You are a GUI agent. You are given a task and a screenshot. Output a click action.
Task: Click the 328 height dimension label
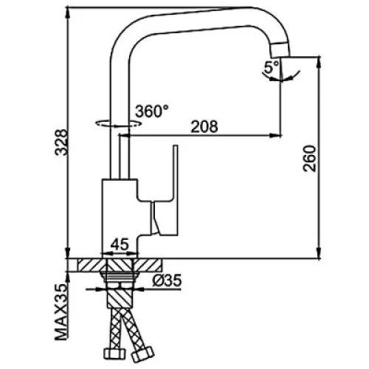pos(61,142)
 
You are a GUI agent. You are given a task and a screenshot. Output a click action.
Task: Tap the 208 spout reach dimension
pos(204,126)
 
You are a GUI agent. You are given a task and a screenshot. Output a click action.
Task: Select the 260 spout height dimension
pos(309,158)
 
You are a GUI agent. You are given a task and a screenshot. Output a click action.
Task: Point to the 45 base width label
pos(120,244)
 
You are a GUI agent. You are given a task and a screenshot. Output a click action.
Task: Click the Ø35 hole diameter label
pos(167,280)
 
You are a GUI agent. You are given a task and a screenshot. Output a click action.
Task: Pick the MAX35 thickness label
pos(61,312)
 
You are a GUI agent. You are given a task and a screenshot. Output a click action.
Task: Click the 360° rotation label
pos(152,111)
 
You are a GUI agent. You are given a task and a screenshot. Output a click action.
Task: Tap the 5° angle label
pos(271,67)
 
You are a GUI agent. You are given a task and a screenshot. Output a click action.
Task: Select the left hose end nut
pos(112,354)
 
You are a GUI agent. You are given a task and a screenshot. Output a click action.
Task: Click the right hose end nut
pos(142,354)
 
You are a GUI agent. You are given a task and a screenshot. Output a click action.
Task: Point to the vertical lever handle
pos(176,190)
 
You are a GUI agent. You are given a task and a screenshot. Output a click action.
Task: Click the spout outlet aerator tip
pos(280,49)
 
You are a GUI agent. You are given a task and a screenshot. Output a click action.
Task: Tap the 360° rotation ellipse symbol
pos(119,123)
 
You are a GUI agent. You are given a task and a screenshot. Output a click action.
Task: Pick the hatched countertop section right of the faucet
pos(148,265)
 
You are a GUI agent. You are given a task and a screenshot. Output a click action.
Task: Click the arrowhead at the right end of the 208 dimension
pos(275,135)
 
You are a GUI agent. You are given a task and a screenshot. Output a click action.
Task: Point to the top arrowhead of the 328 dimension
pos(68,13)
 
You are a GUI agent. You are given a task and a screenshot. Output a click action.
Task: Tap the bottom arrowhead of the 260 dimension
pos(319,253)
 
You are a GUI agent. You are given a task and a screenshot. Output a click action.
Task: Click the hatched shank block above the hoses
pos(120,298)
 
